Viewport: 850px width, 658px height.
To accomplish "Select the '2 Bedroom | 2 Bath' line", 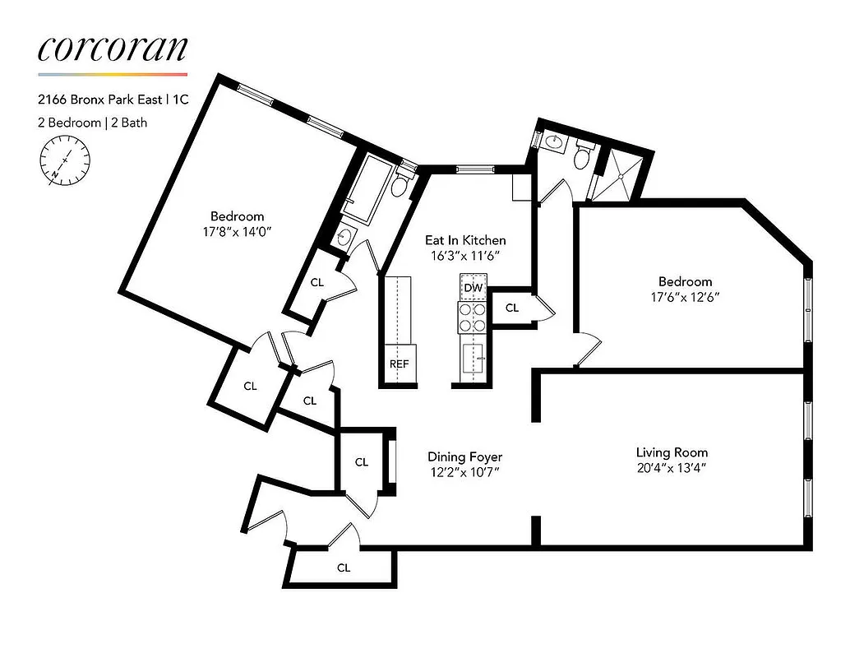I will [x=92, y=123].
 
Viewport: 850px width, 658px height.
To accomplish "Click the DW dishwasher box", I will [x=473, y=288].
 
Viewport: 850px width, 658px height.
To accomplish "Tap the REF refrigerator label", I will [x=399, y=364].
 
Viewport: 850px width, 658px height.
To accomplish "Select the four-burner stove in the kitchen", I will [x=473, y=317].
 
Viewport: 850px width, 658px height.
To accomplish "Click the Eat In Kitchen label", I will [x=464, y=240].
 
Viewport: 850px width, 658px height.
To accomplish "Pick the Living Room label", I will [x=672, y=452].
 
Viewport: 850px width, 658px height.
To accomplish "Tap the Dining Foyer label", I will [x=464, y=456].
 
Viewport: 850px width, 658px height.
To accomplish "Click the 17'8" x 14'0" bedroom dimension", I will [x=237, y=231].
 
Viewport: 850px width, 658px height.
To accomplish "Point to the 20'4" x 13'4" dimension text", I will [x=672, y=468].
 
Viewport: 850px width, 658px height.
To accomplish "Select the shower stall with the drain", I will [x=621, y=174].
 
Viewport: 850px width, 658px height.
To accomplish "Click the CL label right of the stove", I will [x=512, y=308].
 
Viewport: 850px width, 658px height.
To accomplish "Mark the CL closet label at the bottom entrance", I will [x=344, y=568].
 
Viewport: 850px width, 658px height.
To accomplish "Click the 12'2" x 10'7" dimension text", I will [x=464, y=472].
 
